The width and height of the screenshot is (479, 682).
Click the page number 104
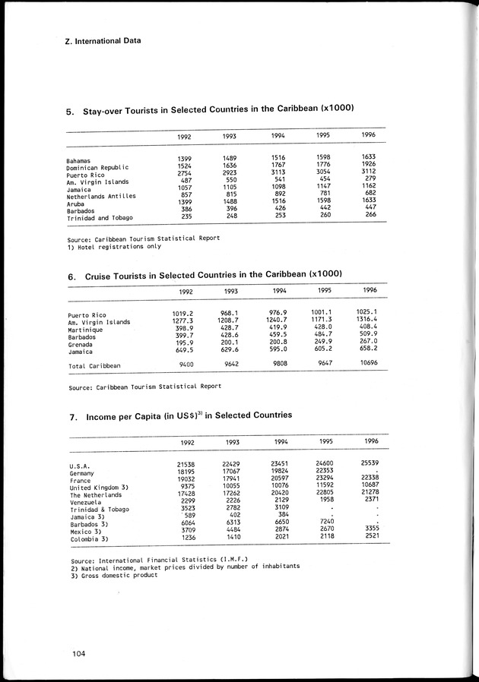click(74, 652)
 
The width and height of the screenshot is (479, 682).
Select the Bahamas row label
click(79, 161)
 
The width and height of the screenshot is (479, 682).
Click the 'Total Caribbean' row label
click(94, 366)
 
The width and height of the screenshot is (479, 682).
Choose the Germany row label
click(81, 473)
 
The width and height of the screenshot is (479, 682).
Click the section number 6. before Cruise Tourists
click(71, 277)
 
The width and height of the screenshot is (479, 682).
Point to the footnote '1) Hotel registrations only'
click(114, 246)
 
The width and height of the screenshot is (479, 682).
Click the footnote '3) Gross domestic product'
click(113, 574)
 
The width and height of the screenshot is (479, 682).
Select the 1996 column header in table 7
click(370, 441)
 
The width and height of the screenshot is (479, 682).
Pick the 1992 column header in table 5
click(183, 137)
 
